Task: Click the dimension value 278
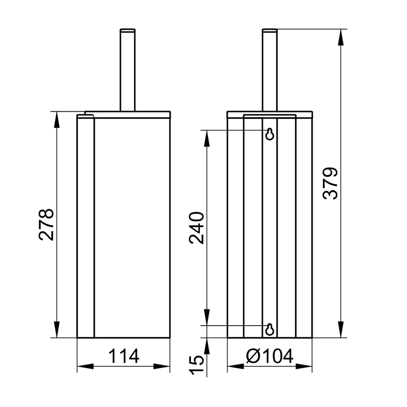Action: pos(47,225)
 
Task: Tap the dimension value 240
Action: pos(197,228)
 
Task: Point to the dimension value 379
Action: pos(330,183)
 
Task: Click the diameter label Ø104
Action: pos(270,356)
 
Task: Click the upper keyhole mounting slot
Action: pos(270,134)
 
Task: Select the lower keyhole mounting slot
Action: pos(270,330)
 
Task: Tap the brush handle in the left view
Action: pos(127,70)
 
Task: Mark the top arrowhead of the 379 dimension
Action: pos(341,38)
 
